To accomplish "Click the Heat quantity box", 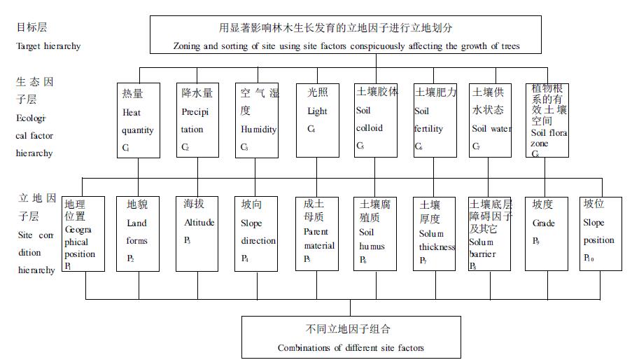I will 136,120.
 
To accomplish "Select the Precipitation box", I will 197,120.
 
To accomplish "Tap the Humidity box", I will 257,120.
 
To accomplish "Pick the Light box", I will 316,120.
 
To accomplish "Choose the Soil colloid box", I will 377,120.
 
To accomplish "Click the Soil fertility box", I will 435,120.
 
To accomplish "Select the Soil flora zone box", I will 547,120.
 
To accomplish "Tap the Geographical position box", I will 83,233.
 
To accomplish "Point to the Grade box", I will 546,233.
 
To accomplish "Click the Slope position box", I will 601,233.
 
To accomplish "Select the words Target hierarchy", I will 48,46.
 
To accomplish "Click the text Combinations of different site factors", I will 351,347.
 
